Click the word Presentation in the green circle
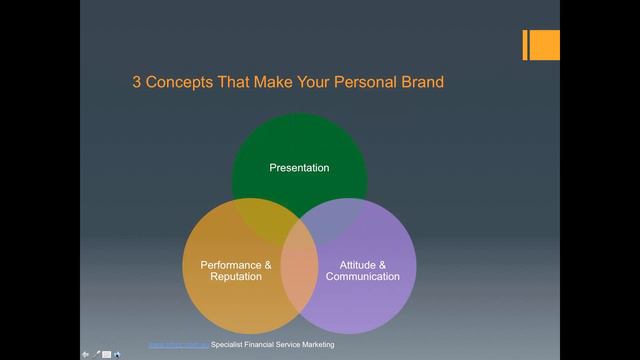coord(299,168)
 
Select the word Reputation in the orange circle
coord(236,277)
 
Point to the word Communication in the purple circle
coord(362,277)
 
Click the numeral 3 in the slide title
coord(137,82)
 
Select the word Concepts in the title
coord(179,82)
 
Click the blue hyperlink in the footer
coord(179,345)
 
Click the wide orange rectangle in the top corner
coord(545,45)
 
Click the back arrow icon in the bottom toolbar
coord(85,353)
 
